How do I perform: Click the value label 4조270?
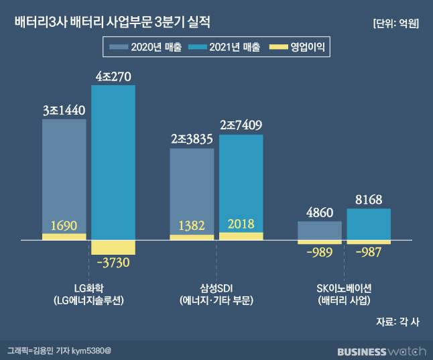point(113,77)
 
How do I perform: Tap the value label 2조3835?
point(192,140)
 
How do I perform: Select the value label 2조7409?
point(241,125)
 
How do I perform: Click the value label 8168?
point(369,199)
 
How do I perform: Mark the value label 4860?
point(319,213)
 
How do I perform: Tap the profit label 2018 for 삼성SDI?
point(241,224)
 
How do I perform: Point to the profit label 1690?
point(64,225)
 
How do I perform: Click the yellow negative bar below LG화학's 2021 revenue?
point(113,247)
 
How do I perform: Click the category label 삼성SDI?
point(216,288)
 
